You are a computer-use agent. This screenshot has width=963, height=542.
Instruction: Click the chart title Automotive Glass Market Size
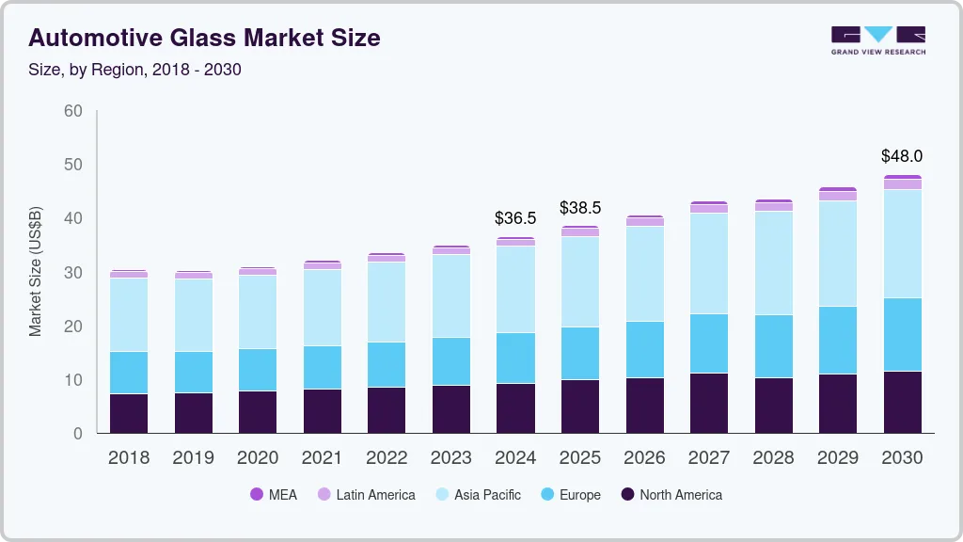[204, 38]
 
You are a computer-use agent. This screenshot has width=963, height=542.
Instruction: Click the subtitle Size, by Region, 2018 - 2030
[135, 70]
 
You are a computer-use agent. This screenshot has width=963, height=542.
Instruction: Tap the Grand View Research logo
[877, 40]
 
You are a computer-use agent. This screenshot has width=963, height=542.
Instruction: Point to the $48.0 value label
[901, 156]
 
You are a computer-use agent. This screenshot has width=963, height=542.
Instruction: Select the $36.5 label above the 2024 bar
[515, 218]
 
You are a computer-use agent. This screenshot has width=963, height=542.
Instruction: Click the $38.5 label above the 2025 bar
[579, 208]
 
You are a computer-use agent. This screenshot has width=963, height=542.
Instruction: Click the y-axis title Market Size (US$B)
[36, 272]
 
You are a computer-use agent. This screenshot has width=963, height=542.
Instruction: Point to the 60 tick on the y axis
[72, 111]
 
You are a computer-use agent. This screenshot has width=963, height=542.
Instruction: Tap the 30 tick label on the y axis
[72, 273]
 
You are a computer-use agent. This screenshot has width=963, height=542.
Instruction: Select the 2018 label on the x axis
[128, 458]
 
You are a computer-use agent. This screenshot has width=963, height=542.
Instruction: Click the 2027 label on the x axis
[708, 458]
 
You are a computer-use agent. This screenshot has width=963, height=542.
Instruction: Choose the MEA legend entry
[274, 494]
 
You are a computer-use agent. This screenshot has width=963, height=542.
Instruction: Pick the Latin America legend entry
[366, 494]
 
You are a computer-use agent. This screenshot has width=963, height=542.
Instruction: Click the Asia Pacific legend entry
[477, 494]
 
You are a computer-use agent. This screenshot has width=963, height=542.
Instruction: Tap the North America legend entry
[671, 494]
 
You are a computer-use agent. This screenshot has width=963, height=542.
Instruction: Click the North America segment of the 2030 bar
[902, 402]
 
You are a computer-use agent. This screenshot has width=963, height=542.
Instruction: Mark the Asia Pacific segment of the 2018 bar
[128, 314]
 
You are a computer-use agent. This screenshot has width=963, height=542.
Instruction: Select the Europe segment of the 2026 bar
[644, 349]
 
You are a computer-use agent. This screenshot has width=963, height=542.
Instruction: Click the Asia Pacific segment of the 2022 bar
[387, 301]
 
